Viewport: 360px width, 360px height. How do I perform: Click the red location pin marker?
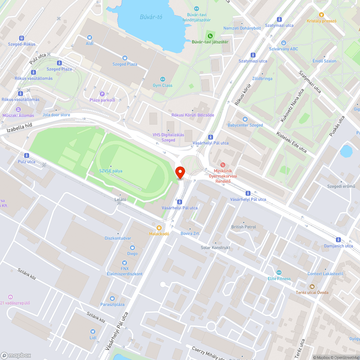(180, 172)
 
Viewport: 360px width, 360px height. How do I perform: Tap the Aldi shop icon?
(90, 37)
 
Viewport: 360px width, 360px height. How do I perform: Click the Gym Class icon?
(162, 79)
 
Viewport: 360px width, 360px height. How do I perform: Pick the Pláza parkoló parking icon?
(102, 94)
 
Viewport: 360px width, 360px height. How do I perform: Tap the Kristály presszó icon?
(321, 15)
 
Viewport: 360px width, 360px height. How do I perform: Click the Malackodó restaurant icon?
(159, 228)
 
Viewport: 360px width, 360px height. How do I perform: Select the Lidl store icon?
(93, 332)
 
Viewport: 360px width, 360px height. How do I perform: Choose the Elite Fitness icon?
(279, 273)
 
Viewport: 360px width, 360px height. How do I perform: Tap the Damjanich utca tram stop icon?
(338, 240)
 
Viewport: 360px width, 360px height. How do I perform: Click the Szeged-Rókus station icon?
(22, 38)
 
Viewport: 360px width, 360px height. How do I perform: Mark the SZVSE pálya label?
(111, 171)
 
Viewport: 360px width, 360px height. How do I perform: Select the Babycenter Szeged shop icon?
(245, 119)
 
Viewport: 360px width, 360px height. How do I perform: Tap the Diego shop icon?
(132, 247)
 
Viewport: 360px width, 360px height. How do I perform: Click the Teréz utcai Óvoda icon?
(312, 286)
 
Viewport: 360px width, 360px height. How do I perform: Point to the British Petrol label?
(244, 227)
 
